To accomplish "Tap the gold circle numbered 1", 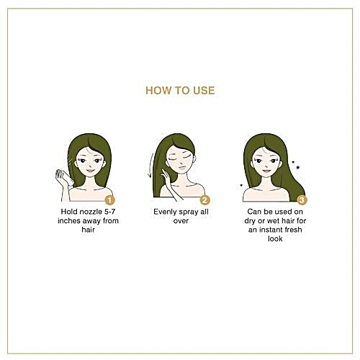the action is [109, 200].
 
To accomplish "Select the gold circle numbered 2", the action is [204, 200].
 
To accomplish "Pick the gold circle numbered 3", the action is [302, 200].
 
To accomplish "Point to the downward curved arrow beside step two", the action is [150, 165].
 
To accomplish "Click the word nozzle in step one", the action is [91, 212].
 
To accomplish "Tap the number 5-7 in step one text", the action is [110, 212].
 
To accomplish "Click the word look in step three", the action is [275, 239].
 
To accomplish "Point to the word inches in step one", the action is [69, 221].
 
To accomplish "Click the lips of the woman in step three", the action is [266, 171].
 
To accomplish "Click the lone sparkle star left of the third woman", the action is [241, 185].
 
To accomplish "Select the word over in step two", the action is [181, 221].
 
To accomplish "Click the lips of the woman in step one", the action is [90, 171].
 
